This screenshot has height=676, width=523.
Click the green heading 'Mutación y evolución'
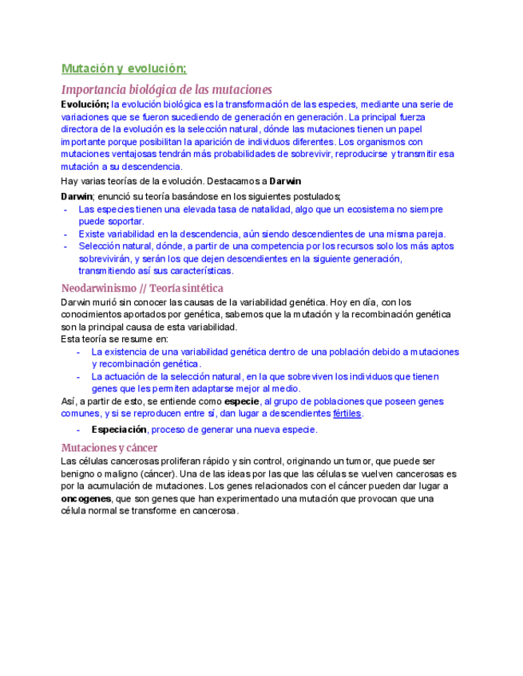124,69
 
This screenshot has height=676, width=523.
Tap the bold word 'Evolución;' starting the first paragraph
85,104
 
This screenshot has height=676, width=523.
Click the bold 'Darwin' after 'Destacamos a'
285,181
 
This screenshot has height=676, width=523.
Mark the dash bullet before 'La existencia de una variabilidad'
78,352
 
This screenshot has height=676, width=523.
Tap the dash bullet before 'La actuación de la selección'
78,376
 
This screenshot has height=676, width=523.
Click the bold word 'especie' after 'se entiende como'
242,401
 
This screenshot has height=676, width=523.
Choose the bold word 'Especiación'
119,430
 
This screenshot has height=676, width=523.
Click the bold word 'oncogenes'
86,498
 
